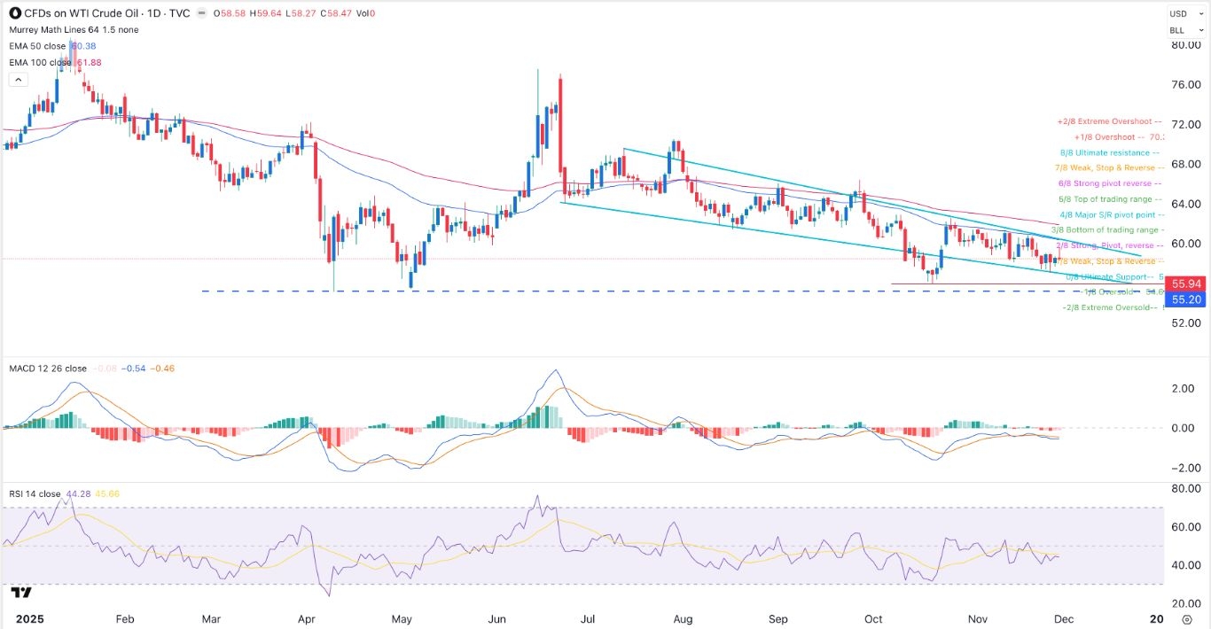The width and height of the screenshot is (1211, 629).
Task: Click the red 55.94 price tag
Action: [1186, 284]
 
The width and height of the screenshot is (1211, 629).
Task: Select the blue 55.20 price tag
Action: [1186, 300]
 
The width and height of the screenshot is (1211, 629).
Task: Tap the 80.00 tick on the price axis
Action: [1185, 45]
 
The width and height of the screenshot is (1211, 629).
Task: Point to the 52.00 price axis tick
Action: [1185, 323]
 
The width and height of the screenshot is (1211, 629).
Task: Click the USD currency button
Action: [1177, 13]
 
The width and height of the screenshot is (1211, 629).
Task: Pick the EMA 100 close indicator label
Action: [38, 62]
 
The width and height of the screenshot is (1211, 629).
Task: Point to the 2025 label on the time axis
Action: [19, 619]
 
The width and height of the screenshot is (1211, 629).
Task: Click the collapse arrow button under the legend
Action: [18, 80]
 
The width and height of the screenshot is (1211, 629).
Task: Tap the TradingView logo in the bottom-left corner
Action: [22, 593]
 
